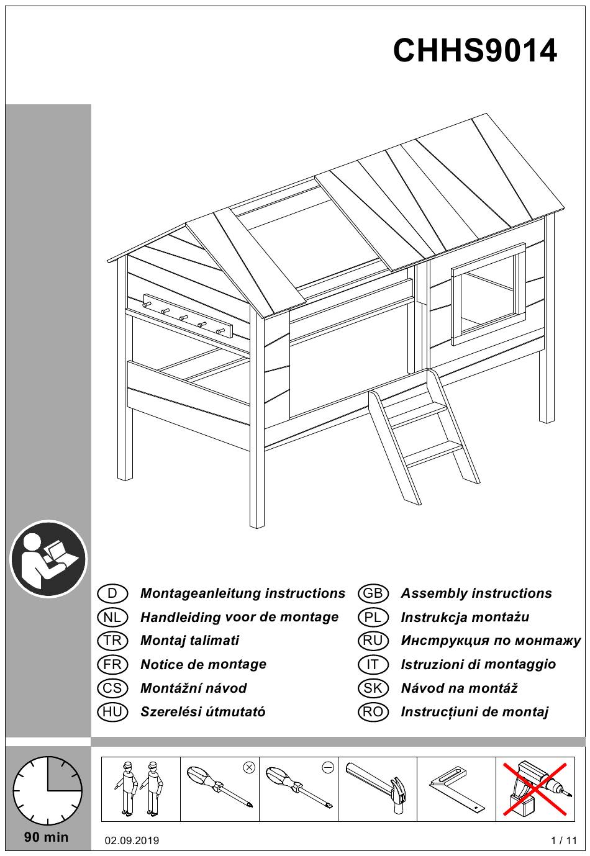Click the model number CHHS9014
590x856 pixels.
475,51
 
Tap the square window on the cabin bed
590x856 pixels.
488,294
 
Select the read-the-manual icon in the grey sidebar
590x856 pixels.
48,559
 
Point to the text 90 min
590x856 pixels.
47,837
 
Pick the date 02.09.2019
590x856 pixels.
132,841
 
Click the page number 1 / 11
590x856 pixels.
564,841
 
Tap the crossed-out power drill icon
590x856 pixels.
535,789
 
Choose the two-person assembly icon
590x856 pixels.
140,789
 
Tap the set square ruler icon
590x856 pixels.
456,789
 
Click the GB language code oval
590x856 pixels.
373,593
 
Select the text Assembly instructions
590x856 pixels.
476,593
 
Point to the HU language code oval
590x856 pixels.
112,712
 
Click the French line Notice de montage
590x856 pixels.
203,665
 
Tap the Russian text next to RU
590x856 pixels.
491,641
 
